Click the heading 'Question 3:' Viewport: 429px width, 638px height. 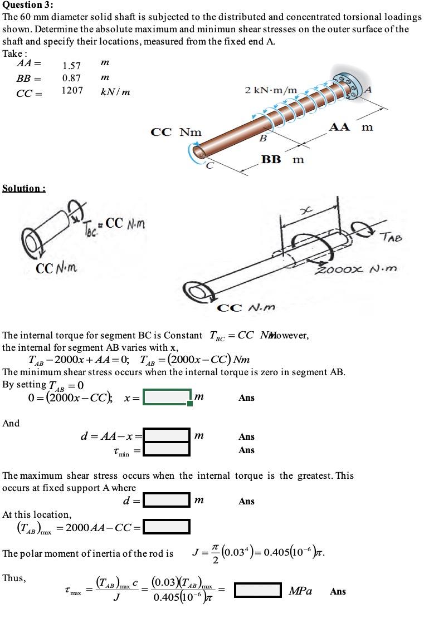pyautogui.click(x=26, y=6)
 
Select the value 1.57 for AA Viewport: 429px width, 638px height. pyautogui.click(x=71, y=66)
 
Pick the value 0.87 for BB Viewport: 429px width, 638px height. pyautogui.click(x=71, y=78)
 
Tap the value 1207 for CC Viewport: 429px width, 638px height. pyautogui.click(x=72, y=90)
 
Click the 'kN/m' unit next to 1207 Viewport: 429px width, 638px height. pyautogui.click(x=115, y=92)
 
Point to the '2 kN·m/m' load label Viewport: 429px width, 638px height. pyautogui.click(x=271, y=90)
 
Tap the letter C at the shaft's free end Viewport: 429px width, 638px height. pyautogui.click(x=209, y=165)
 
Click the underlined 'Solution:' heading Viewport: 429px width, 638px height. pyautogui.click(x=24, y=188)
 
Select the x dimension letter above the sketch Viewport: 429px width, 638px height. pyautogui.click(x=304, y=208)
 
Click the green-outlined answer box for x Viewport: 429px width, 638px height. pyautogui.click(x=167, y=397)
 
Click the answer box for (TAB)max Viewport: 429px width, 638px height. pyautogui.click(x=166, y=526)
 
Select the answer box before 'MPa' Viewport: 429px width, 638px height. pyautogui.click(x=257, y=590)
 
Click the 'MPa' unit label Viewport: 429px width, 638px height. pyautogui.click(x=300, y=591)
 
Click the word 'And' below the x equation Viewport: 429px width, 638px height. pyautogui.click(x=11, y=423)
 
